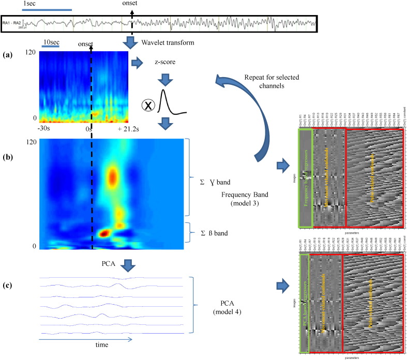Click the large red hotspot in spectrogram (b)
tap(112, 176)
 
